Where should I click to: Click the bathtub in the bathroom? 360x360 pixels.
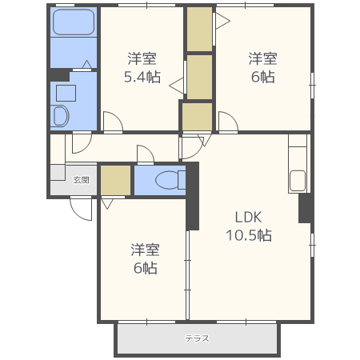(74, 22)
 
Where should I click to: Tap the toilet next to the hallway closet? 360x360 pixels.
(170, 180)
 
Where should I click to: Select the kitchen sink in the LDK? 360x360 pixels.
(298, 181)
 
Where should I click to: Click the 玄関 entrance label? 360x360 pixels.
(81, 180)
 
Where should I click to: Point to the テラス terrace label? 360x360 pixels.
(197, 338)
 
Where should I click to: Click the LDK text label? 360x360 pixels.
(248, 217)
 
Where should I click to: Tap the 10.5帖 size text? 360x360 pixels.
(249, 235)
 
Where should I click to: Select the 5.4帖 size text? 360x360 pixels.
(142, 77)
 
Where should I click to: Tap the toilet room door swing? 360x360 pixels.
(149, 150)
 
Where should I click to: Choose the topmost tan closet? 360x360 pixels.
(199, 29)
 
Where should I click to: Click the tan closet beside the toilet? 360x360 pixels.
(115, 181)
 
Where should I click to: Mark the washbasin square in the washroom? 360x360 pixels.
(66, 93)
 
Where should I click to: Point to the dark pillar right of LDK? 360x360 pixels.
(306, 208)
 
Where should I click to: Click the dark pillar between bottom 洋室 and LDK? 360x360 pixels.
(193, 196)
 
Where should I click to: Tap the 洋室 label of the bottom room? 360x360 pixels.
(145, 250)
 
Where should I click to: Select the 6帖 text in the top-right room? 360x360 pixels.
(262, 77)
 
